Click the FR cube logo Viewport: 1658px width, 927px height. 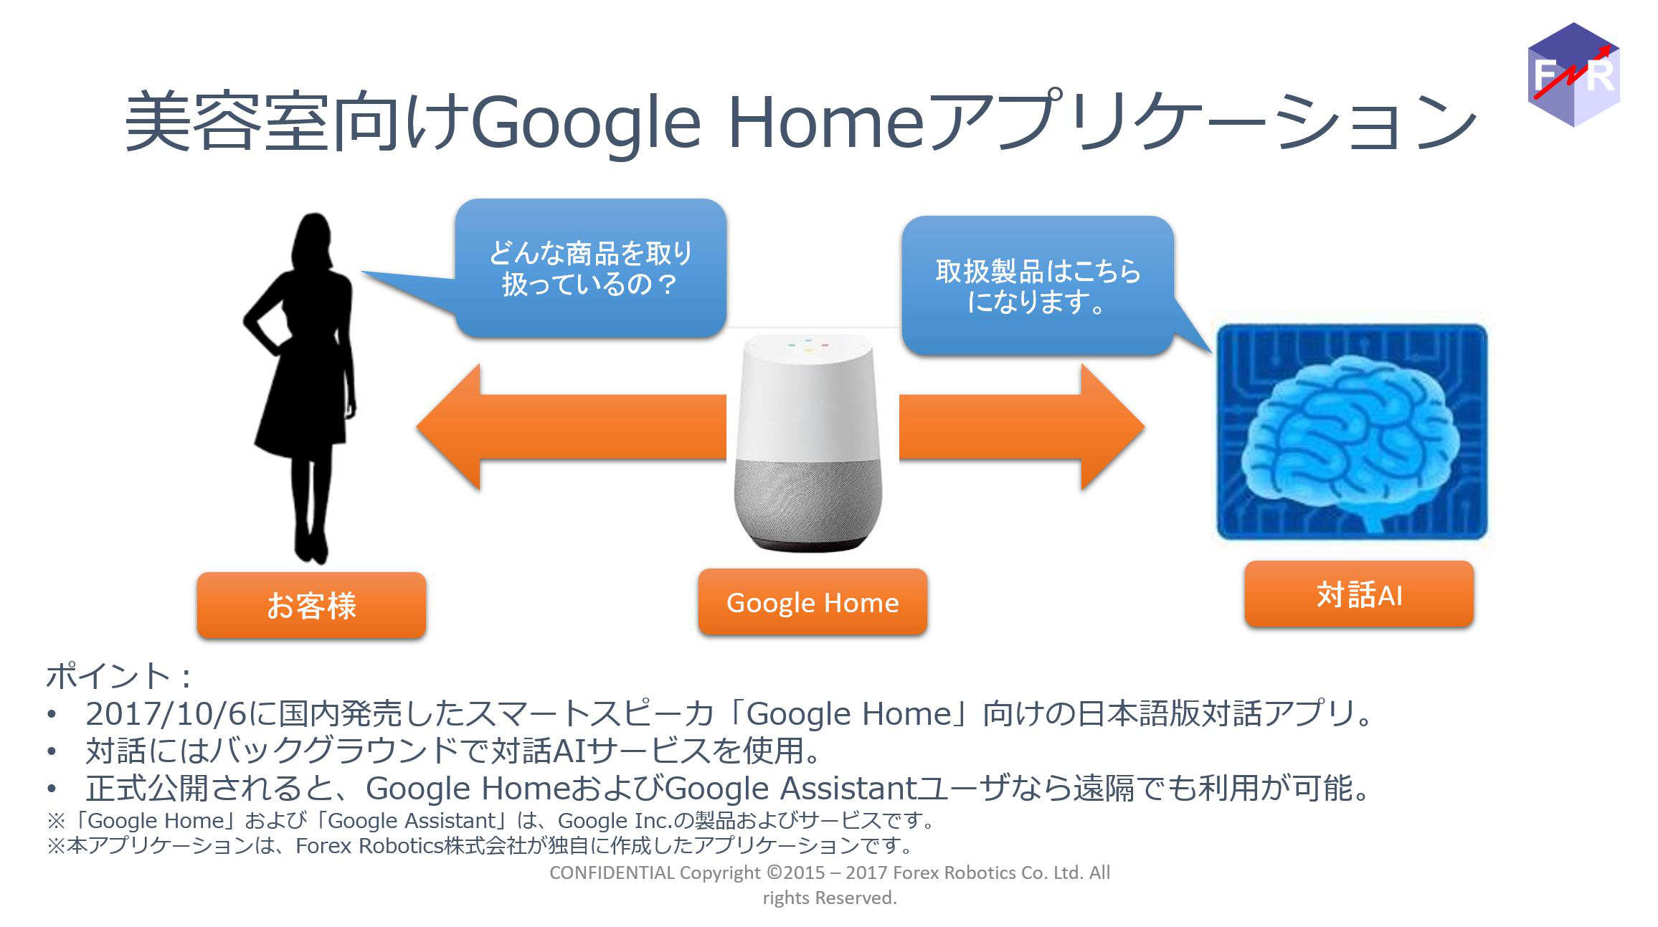coord(1573,75)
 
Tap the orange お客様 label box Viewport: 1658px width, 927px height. coord(311,605)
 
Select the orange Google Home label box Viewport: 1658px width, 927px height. coord(813,602)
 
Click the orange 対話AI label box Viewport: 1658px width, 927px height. coord(1359,594)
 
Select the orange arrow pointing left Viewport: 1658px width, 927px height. coord(571,427)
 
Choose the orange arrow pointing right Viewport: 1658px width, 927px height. coord(1022,427)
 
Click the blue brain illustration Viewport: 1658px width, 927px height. coord(1353,432)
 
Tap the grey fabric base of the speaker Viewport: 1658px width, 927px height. coord(808,502)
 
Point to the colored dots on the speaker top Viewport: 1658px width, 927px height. coord(808,346)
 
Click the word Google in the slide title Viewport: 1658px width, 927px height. coord(585,123)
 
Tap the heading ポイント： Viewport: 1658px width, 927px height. coord(119,676)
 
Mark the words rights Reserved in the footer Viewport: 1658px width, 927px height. coord(830,898)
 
